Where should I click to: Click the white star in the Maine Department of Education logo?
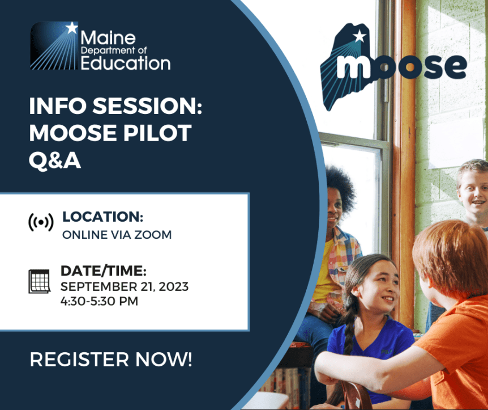point(71,27)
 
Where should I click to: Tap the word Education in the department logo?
point(125,62)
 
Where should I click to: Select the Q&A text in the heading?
point(55,160)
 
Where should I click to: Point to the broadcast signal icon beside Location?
point(41,223)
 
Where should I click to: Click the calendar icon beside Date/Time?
point(40,281)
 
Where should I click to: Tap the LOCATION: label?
point(102,217)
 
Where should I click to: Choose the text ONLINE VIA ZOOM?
point(117,234)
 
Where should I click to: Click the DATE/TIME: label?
point(104,271)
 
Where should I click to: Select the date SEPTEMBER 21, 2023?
point(125,286)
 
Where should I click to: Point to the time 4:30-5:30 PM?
point(99,301)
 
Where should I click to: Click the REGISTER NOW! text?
point(111,359)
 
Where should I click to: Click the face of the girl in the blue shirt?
point(380,289)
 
